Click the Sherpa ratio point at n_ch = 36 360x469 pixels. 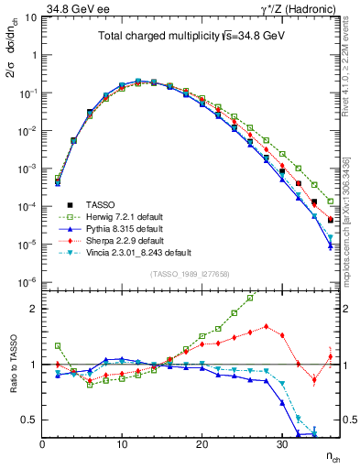click(330, 356)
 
